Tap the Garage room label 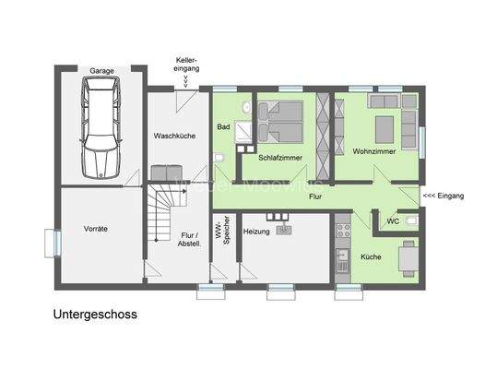[101, 71]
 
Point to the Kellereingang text [187, 65]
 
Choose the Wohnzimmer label [373, 149]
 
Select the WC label [394, 221]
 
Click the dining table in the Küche [408, 257]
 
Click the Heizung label [257, 231]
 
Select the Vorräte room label [95, 229]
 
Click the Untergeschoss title [95, 314]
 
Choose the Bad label [223, 126]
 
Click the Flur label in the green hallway [314, 196]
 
